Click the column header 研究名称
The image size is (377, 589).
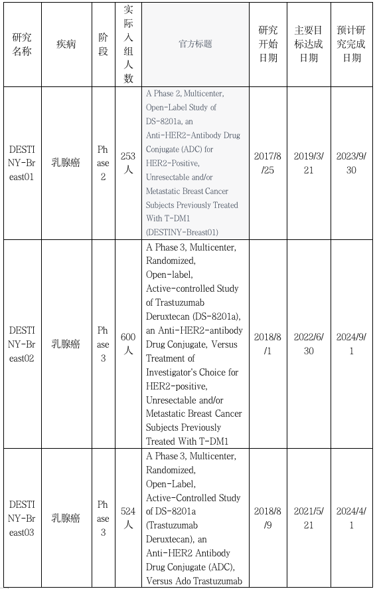click(22, 44)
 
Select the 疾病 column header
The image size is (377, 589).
click(66, 44)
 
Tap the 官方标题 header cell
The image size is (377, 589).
click(195, 44)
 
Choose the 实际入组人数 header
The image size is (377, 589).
click(128, 44)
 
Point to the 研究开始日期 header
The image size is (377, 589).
click(268, 44)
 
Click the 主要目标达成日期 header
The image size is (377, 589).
click(309, 44)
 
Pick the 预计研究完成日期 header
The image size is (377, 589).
click(352, 44)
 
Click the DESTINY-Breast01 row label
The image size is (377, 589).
click(22, 163)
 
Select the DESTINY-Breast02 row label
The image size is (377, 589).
click(22, 344)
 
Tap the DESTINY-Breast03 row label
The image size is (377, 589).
click(22, 518)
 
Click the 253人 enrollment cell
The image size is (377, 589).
click(128, 163)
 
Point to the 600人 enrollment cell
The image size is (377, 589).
click(128, 344)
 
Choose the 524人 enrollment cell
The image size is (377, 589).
click(128, 518)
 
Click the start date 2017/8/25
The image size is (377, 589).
click(268, 163)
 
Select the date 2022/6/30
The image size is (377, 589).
click(309, 344)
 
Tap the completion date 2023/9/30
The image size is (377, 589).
click(352, 163)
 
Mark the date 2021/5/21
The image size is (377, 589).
click(309, 518)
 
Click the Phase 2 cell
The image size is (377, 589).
click(103, 163)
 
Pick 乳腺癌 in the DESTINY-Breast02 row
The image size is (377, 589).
click(66, 344)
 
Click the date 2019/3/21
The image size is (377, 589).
click(309, 163)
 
